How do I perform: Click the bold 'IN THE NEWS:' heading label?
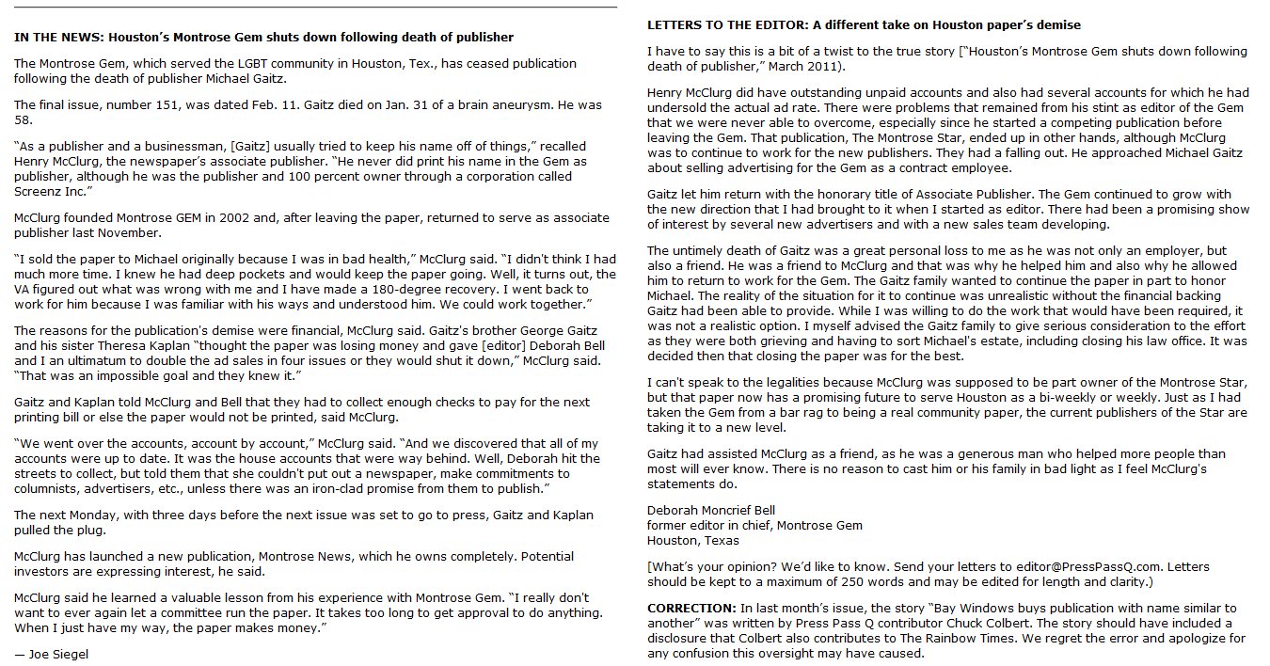(x=59, y=38)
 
